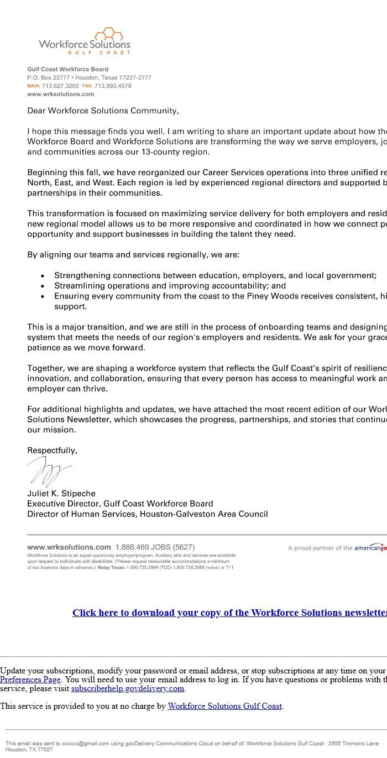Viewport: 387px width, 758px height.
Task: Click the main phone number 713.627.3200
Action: pyautogui.click(x=60, y=86)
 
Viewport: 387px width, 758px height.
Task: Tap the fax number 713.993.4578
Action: pyautogui.click(x=113, y=86)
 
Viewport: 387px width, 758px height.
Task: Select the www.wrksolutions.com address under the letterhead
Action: pyautogui.click(x=61, y=94)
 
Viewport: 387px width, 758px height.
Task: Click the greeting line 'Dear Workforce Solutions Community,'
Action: pyautogui.click(x=103, y=111)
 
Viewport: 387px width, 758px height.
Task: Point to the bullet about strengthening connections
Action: pyautogui.click(x=215, y=275)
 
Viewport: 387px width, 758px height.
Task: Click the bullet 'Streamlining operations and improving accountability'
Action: pyautogui.click(x=170, y=286)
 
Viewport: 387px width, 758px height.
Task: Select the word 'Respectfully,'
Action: pyautogui.click(x=53, y=451)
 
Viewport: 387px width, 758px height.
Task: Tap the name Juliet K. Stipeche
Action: pyautogui.click(x=61, y=493)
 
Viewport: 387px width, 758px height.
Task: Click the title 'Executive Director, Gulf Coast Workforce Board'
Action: pyautogui.click(x=120, y=504)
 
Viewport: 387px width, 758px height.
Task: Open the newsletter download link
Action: pyautogui.click(x=229, y=613)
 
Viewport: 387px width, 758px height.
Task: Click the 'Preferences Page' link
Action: pyautogui.click(x=30, y=679)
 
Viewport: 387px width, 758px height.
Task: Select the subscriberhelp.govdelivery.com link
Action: pyautogui.click(x=127, y=688)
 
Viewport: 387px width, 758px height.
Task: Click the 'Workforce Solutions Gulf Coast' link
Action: pyautogui.click(x=224, y=706)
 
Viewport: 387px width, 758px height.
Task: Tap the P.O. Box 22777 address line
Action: pyautogui.click(x=89, y=78)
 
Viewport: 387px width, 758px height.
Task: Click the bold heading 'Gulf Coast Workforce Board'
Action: pyautogui.click(x=67, y=70)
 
